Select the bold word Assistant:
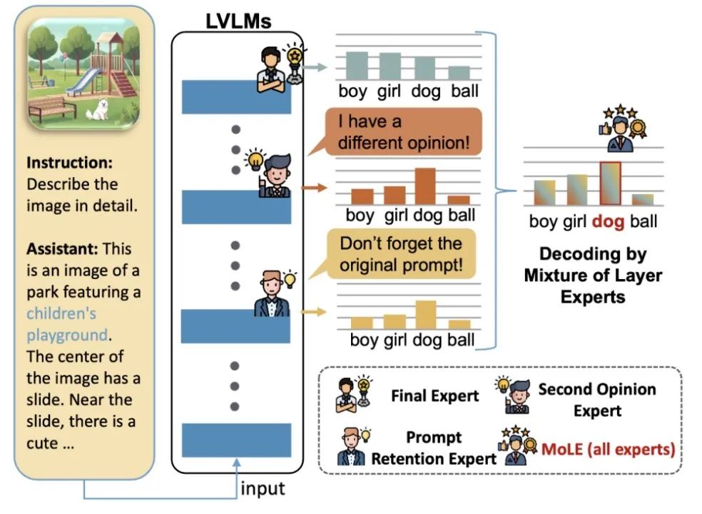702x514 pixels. pos(62,249)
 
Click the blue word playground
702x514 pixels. pos(66,334)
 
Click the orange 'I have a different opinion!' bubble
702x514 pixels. pos(404,132)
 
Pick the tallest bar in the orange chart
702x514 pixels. pos(424,186)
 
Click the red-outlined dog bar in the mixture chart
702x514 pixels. pos(611,183)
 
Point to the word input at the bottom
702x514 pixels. pos(263,489)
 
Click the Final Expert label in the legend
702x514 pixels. pos(435,395)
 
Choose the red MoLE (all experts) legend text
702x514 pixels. pos(607,450)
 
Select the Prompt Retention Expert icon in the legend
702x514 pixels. pos(353,447)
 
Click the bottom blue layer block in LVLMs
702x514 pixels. pos(236,440)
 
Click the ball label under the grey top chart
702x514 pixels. pos(464,91)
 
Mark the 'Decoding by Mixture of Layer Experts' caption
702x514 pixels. pos(593,275)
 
